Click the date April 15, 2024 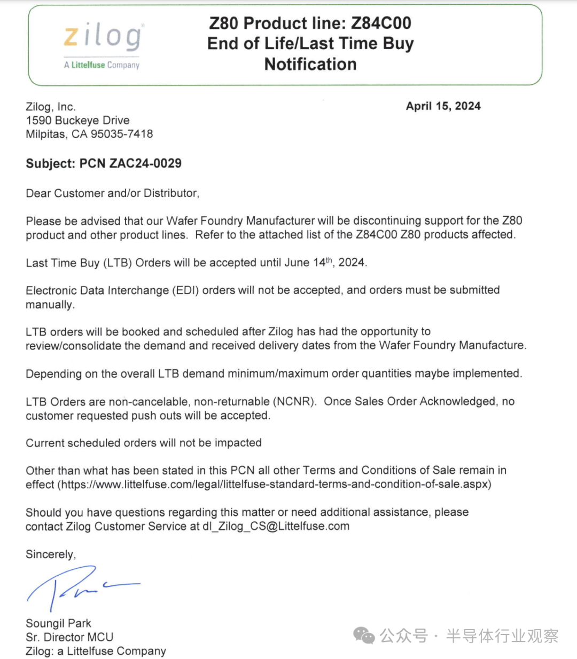(x=443, y=106)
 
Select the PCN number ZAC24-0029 (x=145, y=163)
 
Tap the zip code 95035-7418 (x=122, y=134)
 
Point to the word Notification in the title (x=310, y=65)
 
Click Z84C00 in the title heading (x=381, y=23)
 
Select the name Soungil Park (x=58, y=623)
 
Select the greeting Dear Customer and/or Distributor (x=112, y=193)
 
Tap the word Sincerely (x=51, y=554)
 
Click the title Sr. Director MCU (x=69, y=637)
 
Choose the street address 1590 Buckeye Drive (x=77, y=120)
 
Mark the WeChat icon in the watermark (x=364, y=636)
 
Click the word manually (x=50, y=305)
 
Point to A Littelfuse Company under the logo (x=102, y=65)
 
